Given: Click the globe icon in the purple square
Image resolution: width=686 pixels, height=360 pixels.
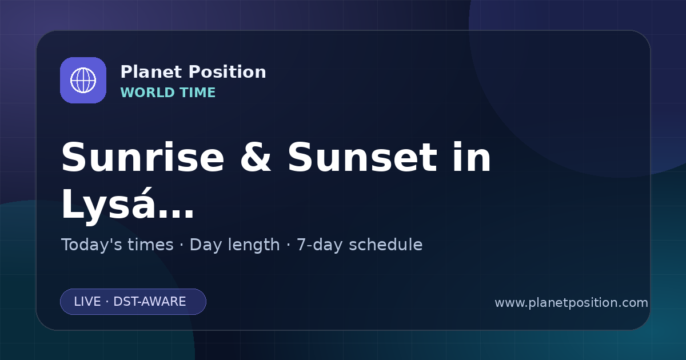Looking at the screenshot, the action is pos(83,80).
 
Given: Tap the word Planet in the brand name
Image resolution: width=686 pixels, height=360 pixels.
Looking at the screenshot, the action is pos(151,71).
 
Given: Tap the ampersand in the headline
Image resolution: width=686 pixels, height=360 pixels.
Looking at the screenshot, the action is pos(256,157).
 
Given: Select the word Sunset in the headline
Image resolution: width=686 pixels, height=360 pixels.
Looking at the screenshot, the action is pos(362,157).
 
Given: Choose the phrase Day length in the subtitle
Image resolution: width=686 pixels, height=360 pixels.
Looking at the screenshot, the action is pos(234,245).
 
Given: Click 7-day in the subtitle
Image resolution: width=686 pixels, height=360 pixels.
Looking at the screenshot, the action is pos(320,245).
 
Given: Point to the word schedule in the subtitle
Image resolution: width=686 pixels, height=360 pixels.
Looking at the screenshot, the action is pos(386,245).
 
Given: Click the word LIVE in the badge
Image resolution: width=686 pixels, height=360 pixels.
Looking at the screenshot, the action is pos(87,302).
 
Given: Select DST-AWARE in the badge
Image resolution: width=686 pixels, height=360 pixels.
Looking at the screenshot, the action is pos(149,302).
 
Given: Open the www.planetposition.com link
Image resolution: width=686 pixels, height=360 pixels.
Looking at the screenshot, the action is pos(571,303).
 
